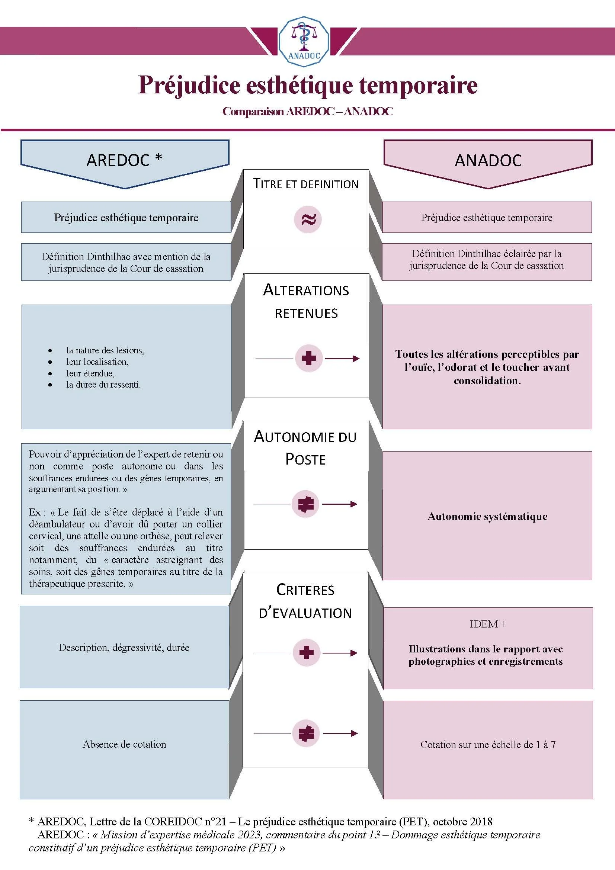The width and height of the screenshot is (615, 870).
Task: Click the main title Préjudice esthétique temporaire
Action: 307,85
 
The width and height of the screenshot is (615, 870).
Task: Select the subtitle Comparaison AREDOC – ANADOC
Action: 307,112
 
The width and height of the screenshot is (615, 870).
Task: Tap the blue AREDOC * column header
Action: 125,160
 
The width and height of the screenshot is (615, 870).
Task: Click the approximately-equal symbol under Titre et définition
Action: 308,219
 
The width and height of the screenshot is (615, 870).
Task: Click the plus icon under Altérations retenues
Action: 308,358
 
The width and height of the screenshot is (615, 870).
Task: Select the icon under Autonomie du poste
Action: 306,504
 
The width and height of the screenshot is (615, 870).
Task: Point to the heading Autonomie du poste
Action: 305,447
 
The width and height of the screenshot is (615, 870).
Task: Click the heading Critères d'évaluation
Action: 305,601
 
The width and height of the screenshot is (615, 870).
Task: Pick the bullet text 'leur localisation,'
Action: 97,362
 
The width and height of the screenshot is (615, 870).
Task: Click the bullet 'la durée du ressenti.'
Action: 103,385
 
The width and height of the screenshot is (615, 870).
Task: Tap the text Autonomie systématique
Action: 487,517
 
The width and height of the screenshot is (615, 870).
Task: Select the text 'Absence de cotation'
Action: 124,744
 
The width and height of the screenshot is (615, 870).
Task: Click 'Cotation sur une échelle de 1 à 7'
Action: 488,745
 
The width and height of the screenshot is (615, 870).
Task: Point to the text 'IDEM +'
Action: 488,624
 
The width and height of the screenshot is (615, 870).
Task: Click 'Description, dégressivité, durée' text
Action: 124,648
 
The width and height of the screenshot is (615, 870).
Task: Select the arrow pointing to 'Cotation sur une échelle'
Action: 340,733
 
